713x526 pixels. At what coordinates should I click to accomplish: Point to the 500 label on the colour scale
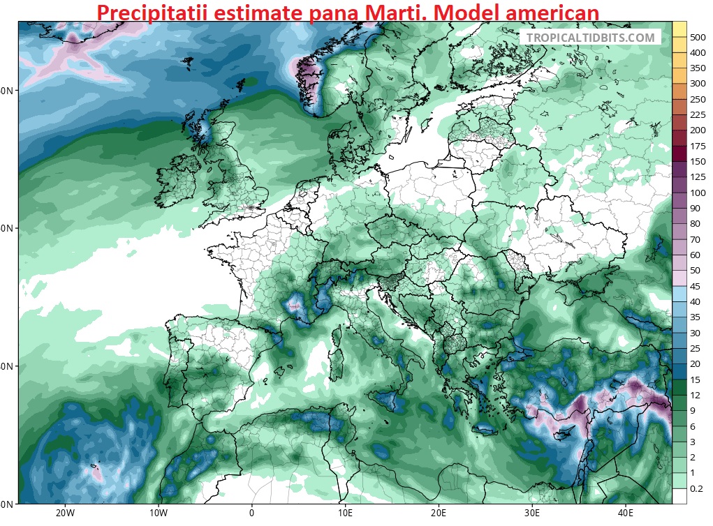point(698,37)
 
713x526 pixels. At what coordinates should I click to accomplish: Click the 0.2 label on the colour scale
point(696,489)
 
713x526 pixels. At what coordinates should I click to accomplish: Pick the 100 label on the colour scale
point(697,193)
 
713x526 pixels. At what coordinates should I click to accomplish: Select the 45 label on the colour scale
point(696,286)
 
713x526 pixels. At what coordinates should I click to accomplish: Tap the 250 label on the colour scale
point(697,99)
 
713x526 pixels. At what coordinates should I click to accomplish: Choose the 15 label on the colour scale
point(696,380)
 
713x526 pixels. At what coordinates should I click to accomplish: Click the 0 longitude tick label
point(251,513)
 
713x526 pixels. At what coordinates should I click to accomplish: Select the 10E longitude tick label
point(345,513)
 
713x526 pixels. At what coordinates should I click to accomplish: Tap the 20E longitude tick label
point(439,513)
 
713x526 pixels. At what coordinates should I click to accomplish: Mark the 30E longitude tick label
point(532,513)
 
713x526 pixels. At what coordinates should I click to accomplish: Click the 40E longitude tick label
point(626,513)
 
